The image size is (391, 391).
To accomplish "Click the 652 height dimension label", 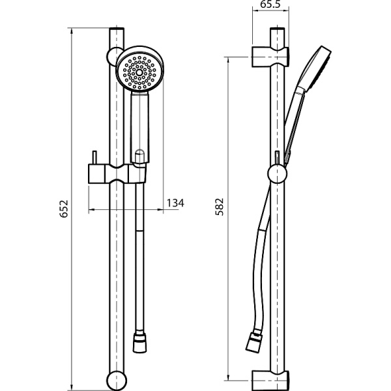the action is click(x=64, y=209).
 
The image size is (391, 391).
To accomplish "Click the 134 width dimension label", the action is click(x=175, y=203).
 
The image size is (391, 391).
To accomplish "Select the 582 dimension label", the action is click(x=220, y=207).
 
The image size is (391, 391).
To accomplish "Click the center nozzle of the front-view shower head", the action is click(x=139, y=72).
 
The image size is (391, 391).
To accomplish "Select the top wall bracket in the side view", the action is click(x=270, y=57).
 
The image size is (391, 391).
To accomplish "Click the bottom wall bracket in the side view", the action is click(x=270, y=381).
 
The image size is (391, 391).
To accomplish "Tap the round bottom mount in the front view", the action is click(x=117, y=381).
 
